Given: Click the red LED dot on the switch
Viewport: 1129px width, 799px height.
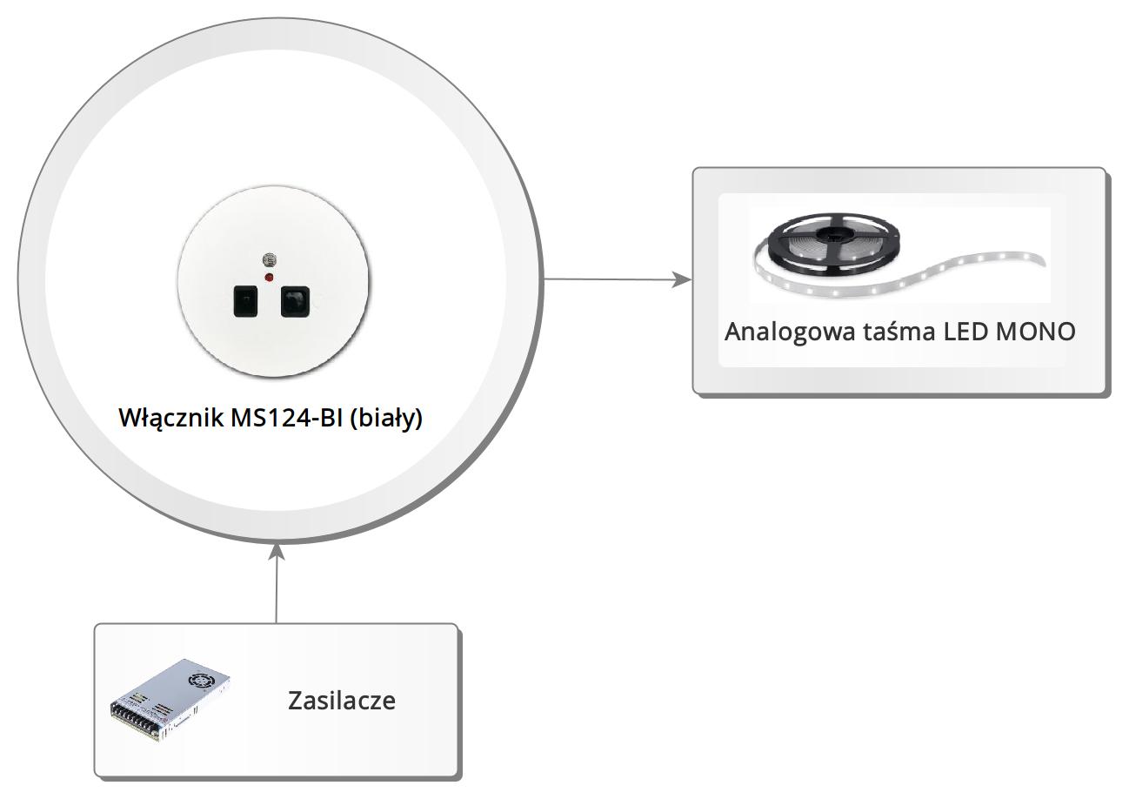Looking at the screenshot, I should pyautogui.click(x=269, y=277).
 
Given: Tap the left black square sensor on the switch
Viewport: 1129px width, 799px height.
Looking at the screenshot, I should pyautogui.click(x=246, y=301).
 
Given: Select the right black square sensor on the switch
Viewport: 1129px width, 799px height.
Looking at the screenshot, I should pyautogui.click(x=296, y=300).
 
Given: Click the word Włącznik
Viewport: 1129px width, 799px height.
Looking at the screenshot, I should pyautogui.click(x=170, y=418).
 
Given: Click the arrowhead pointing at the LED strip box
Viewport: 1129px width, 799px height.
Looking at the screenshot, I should pyautogui.click(x=683, y=280).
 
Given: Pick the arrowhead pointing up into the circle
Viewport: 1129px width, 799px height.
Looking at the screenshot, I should pyautogui.click(x=277, y=552).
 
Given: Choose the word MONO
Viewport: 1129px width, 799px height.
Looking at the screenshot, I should pyautogui.click(x=1036, y=332).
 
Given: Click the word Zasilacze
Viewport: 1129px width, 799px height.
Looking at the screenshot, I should pyautogui.click(x=342, y=701).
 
